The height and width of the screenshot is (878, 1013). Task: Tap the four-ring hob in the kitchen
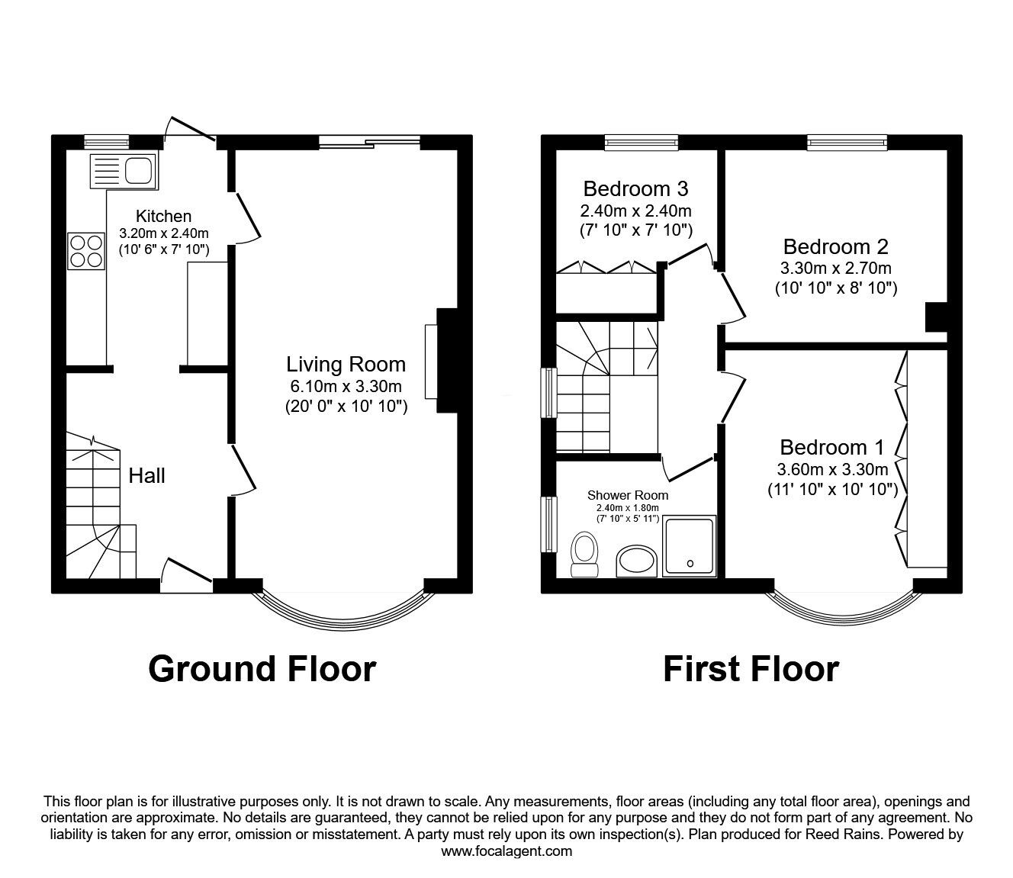coord(87,251)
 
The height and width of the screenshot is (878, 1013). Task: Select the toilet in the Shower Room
coord(584,555)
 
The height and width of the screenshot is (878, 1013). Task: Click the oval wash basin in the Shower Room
coord(636,561)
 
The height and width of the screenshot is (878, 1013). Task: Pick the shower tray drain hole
coord(691,564)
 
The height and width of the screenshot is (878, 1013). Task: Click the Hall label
coord(146,475)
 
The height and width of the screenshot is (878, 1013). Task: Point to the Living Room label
coord(346,364)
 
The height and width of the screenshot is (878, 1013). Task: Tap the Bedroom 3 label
coord(635,188)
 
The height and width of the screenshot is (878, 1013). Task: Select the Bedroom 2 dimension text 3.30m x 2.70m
coord(835,269)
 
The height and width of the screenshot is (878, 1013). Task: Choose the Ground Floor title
coord(262,669)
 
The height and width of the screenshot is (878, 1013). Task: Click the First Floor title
coord(751,669)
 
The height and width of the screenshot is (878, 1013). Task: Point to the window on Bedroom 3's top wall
coord(642,142)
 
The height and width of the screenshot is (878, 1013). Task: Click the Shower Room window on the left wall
coord(549,524)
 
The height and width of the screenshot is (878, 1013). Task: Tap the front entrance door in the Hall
coord(187,576)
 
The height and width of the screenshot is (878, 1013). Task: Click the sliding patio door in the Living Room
coord(369,142)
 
